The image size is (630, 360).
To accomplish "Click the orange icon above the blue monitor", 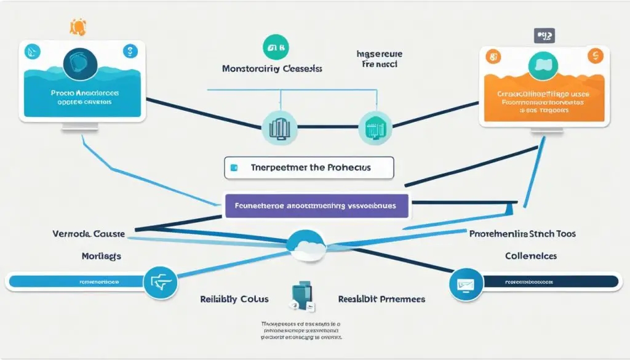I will point(78,27).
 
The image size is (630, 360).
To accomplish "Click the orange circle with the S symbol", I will point(594,57).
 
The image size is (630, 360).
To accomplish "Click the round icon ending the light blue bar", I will point(160,282).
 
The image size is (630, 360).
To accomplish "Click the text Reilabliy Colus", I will point(234,299).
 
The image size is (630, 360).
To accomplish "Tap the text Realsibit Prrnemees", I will point(381,299).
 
